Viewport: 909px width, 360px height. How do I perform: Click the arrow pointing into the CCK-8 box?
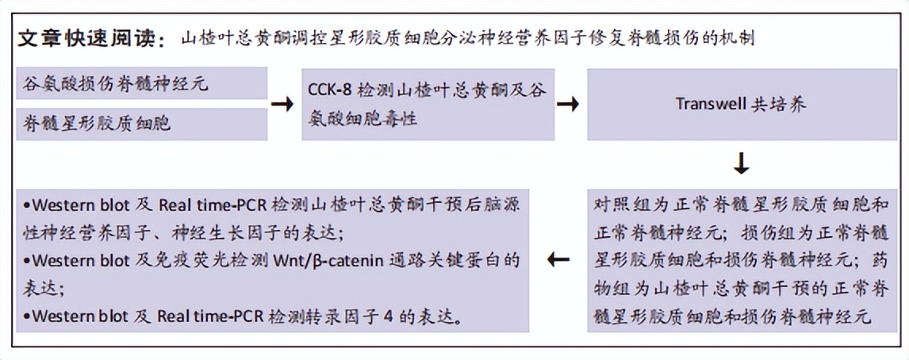(282, 104)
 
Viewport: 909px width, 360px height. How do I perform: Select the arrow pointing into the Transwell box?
(567, 104)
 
